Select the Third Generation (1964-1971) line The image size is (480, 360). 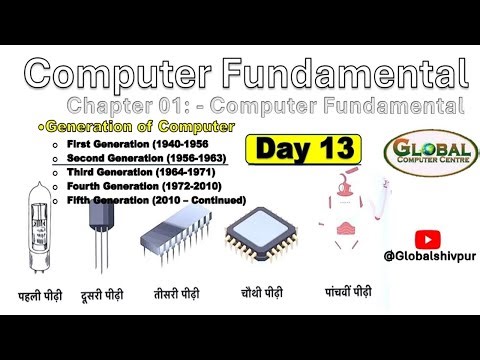click(131, 172)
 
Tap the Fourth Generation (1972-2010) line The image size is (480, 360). click(133, 186)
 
